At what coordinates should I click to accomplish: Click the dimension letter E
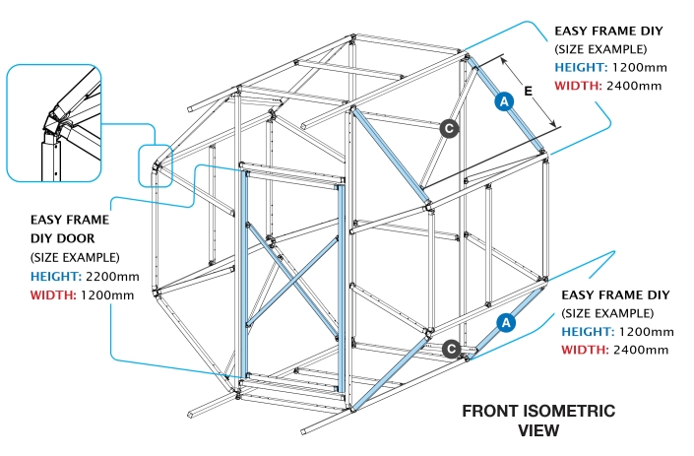(529, 91)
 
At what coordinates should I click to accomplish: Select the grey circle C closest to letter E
(448, 128)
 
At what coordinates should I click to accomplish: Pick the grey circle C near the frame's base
(451, 348)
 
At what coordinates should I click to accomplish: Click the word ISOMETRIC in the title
(564, 411)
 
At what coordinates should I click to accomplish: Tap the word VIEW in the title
(538, 429)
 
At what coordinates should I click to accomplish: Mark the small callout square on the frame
(156, 164)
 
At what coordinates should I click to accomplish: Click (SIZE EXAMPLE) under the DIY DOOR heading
(71, 257)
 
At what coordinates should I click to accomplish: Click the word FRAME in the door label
(88, 220)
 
